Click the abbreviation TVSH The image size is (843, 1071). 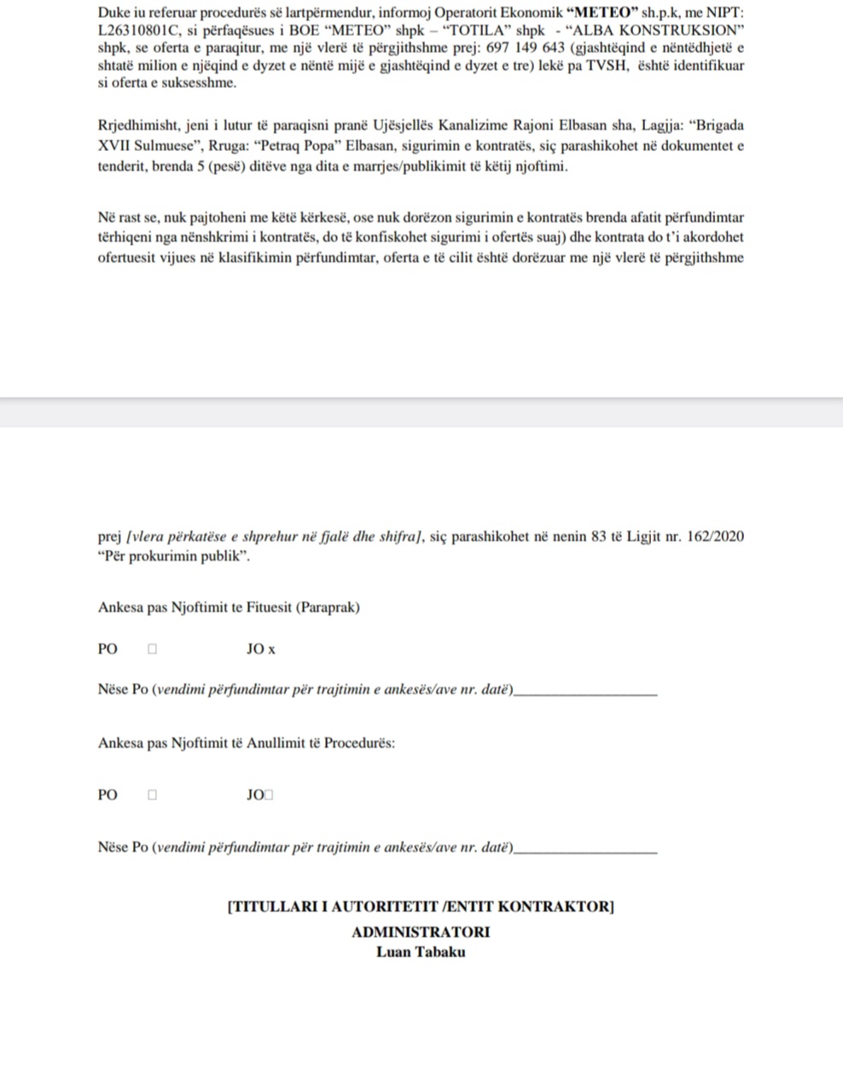(605, 66)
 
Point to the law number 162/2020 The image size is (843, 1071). (715, 537)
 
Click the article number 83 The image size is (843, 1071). (599, 537)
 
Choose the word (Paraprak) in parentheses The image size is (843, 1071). (328, 608)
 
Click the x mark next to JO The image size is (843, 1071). (272, 650)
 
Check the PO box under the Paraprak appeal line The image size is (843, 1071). (153, 649)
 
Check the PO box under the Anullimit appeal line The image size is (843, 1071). (153, 795)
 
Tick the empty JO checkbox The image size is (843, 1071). (269, 795)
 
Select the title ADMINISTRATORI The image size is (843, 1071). (421, 932)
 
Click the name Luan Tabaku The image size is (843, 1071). (421, 952)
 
